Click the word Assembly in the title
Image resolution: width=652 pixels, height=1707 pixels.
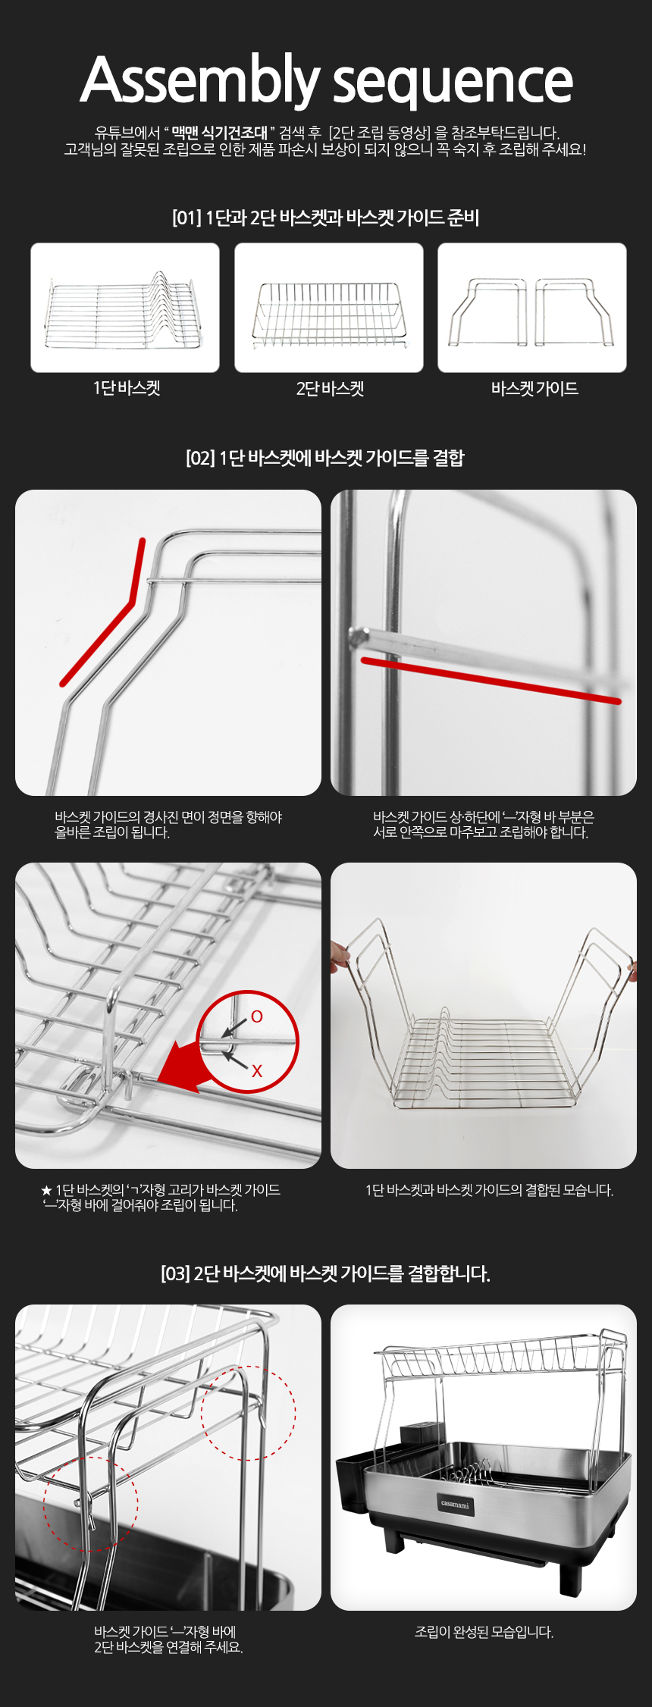tap(200, 80)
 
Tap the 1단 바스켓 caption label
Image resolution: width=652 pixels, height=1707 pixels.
tap(127, 388)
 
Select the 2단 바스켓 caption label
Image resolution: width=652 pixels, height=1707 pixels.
tap(330, 389)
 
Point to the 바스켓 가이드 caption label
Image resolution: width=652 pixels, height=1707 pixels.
tap(534, 389)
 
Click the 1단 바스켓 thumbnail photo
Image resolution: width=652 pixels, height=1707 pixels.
tap(125, 308)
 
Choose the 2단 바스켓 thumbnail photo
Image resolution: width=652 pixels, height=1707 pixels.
tap(329, 308)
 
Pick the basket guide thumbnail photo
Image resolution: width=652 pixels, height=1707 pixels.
tap(532, 308)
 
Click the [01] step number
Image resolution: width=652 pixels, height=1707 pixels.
tap(187, 218)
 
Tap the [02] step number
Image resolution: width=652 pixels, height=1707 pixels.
tap(200, 458)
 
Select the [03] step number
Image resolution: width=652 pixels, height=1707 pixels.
tap(175, 1273)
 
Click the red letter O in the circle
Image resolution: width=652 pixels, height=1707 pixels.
tap(257, 1016)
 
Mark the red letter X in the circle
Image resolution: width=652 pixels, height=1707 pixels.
tap(257, 1070)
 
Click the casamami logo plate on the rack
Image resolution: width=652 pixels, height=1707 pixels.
tap(455, 1504)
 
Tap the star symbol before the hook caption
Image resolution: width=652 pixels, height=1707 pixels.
tap(46, 1191)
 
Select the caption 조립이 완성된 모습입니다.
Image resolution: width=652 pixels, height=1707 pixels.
tap(484, 1631)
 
